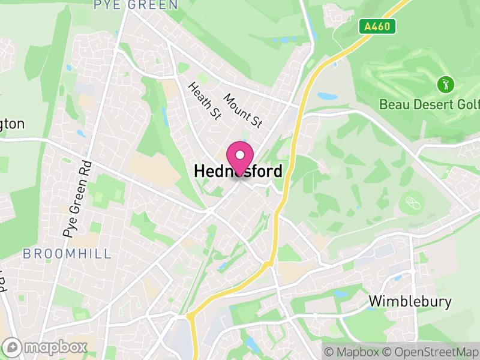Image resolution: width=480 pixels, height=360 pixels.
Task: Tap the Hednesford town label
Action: coord(238,172)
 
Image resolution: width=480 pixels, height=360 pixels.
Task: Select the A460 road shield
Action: coord(377,26)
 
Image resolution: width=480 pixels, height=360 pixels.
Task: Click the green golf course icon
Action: coord(445,84)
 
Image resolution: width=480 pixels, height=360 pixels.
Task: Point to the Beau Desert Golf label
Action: coord(430,104)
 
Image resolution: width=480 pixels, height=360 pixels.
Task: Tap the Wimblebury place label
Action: coord(410,301)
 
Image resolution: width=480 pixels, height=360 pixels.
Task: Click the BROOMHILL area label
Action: coord(67,254)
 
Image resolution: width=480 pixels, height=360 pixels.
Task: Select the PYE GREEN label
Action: coord(136,5)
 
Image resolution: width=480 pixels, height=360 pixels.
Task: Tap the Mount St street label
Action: coord(243,110)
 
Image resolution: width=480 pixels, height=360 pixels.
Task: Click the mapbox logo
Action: coord(46,347)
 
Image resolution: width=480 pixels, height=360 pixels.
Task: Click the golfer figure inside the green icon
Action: coord(445,84)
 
